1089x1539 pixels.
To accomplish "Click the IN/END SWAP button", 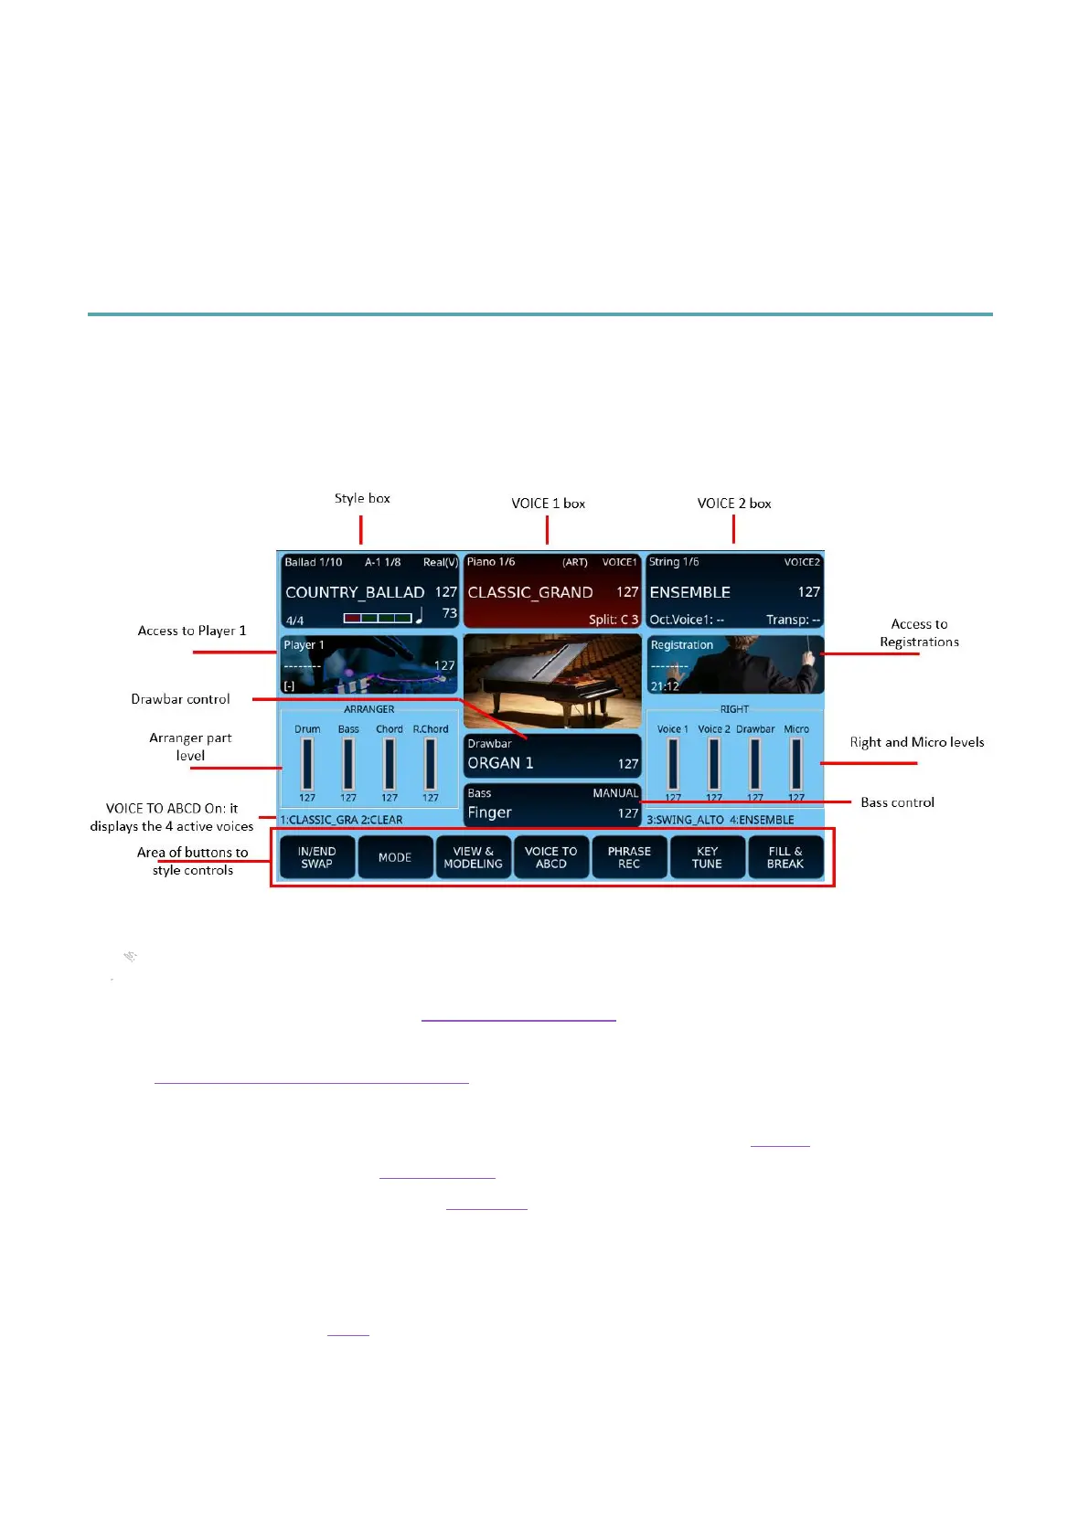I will (316, 857).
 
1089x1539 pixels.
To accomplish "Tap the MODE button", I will (395, 857).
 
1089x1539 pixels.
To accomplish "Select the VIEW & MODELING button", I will (473, 857).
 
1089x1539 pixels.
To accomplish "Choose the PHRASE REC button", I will (629, 857).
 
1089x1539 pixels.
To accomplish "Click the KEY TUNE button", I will (707, 857).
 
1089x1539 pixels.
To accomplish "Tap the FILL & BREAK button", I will (785, 857).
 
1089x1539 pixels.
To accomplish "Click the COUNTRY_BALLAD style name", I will (355, 592).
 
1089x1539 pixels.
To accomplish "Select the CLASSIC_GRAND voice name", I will (530, 592).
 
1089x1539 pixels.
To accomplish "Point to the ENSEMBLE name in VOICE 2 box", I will (689, 592).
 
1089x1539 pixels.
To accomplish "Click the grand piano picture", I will (552, 680).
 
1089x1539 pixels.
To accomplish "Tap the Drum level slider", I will (307, 764).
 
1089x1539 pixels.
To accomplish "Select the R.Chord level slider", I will (431, 764).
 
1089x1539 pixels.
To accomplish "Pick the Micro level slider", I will (796, 764).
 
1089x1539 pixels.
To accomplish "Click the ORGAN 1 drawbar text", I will (500, 763).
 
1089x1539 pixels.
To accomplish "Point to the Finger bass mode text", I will (489, 812).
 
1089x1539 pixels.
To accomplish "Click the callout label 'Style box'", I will (362, 498).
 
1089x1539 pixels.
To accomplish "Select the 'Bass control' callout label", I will (897, 802).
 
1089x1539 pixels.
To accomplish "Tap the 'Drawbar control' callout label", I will (180, 699).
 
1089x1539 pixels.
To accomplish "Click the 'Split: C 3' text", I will (613, 620).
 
